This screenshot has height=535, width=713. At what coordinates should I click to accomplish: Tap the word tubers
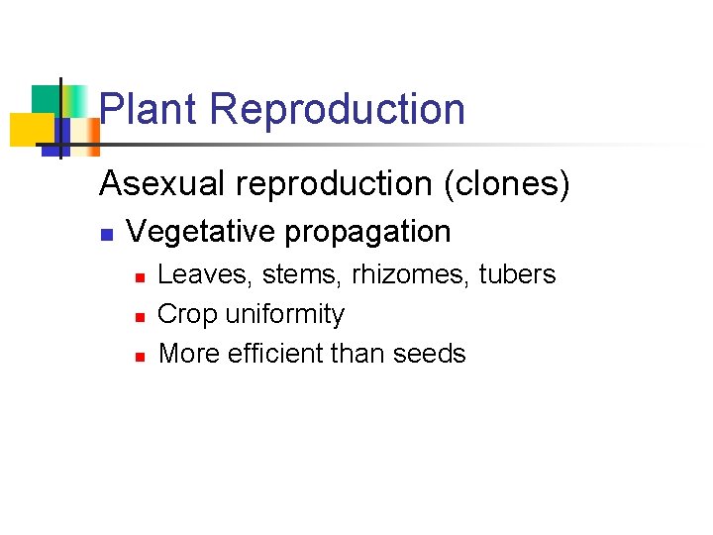tap(517, 274)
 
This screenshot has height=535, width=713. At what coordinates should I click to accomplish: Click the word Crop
tap(188, 315)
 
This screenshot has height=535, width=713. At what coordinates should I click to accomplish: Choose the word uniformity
tap(285, 315)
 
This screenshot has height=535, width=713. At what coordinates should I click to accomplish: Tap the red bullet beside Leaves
tap(140, 276)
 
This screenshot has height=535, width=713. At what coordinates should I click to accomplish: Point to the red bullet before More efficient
tap(140, 356)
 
